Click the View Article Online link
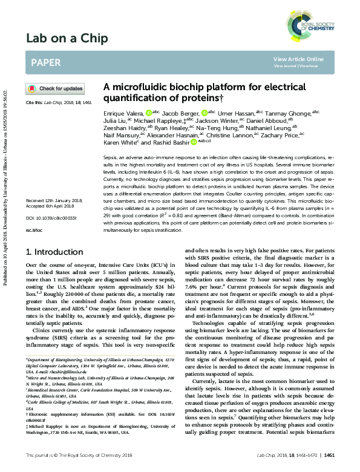pos(298,59)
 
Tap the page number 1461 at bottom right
pos(330,454)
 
